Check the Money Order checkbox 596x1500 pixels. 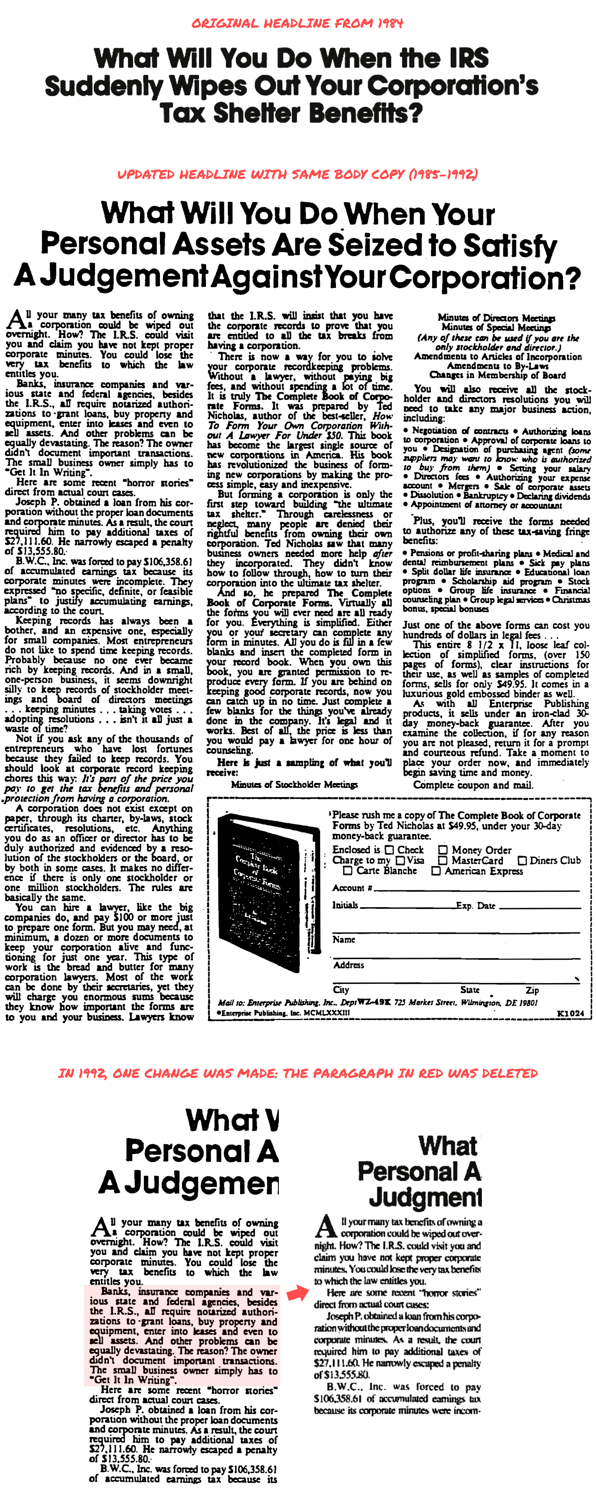[443, 850]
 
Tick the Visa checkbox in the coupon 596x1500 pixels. [400, 861]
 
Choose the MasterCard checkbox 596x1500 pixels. [443, 861]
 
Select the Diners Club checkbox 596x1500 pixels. [523, 861]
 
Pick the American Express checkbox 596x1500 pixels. [436, 871]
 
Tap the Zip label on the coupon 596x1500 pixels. [532, 990]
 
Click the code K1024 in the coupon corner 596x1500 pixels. [570, 1013]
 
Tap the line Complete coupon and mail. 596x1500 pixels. [473, 785]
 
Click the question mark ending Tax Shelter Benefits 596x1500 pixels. [414, 113]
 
